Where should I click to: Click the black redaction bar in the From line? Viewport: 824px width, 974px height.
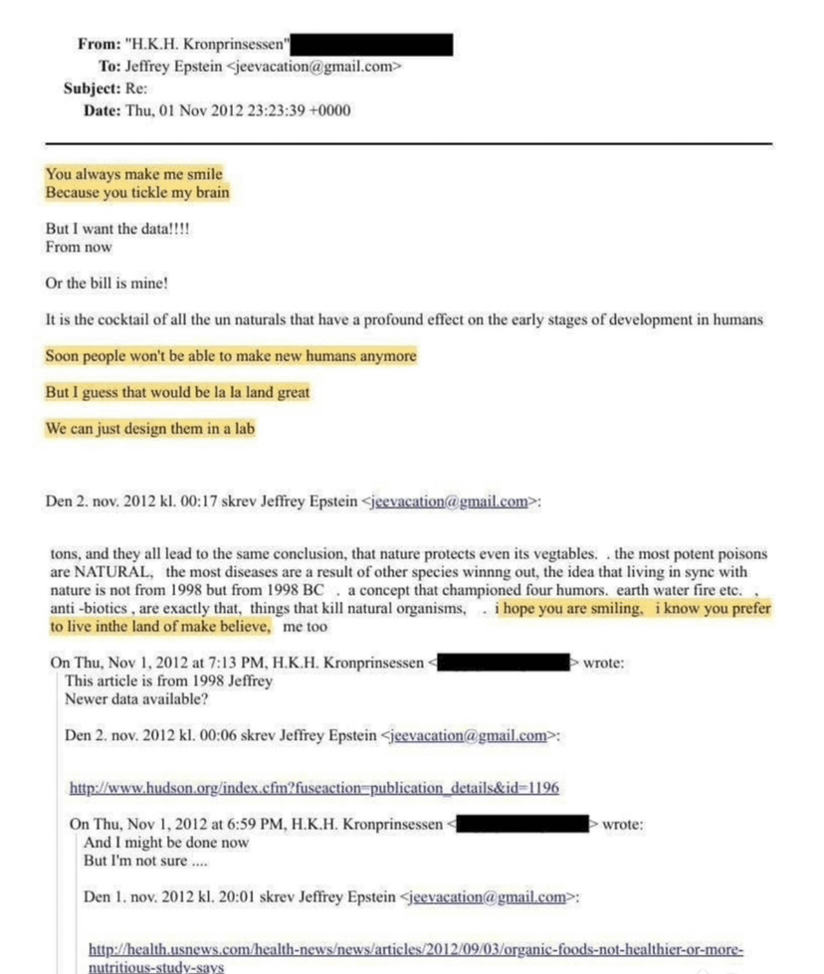click(x=374, y=45)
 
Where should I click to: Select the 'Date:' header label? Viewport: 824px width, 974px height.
click(x=102, y=109)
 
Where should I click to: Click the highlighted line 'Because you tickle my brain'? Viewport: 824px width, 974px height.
click(x=137, y=193)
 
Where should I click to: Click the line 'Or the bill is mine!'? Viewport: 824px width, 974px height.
click(x=106, y=284)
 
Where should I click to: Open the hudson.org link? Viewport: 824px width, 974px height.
click(x=313, y=788)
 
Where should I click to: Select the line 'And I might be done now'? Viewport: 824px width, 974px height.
click(x=166, y=842)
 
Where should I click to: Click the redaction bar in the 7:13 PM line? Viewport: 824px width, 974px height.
click(x=503, y=663)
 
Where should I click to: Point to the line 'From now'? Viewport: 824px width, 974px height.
click(x=79, y=247)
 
